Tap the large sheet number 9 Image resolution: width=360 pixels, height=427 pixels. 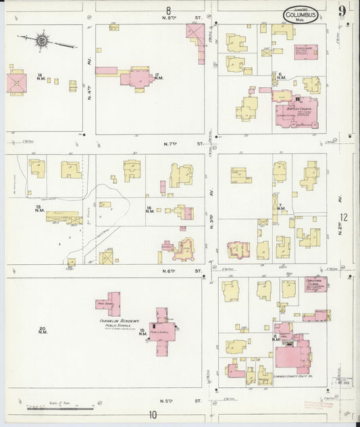click(x=343, y=10)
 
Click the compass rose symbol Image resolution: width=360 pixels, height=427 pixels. click(x=43, y=41)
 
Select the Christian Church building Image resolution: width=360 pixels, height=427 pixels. click(x=315, y=284)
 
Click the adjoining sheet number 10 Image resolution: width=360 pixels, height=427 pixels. click(x=153, y=415)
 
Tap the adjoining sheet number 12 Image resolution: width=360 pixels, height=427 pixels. click(x=344, y=217)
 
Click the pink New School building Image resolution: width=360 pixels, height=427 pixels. click(x=108, y=304)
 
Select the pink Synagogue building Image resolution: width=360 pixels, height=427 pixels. click(x=306, y=52)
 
